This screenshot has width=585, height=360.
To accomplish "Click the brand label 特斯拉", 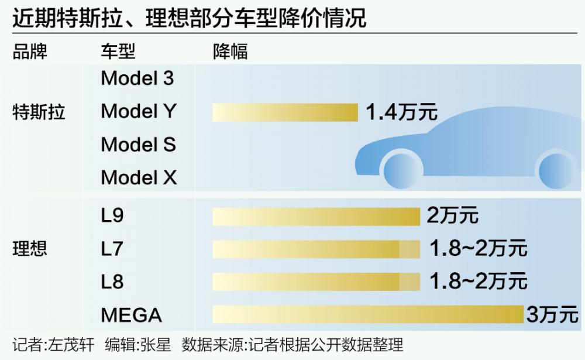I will tap(39, 112).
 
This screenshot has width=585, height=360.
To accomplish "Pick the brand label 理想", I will tap(30, 249).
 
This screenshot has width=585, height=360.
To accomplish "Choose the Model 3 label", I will tap(137, 78).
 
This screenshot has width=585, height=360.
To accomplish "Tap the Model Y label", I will tap(138, 111).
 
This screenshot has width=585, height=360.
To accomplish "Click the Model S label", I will tap(138, 145).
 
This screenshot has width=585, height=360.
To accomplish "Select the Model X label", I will tap(139, 177).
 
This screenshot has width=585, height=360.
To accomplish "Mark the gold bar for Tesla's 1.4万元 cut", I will tap(285, 112).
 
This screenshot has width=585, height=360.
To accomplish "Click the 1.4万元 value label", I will tap(401, 112).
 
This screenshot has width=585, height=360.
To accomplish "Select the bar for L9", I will tap(316, 216).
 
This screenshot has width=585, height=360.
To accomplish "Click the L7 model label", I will tap(112, 249).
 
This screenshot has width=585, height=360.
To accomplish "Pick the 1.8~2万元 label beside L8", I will tap(478, 282).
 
